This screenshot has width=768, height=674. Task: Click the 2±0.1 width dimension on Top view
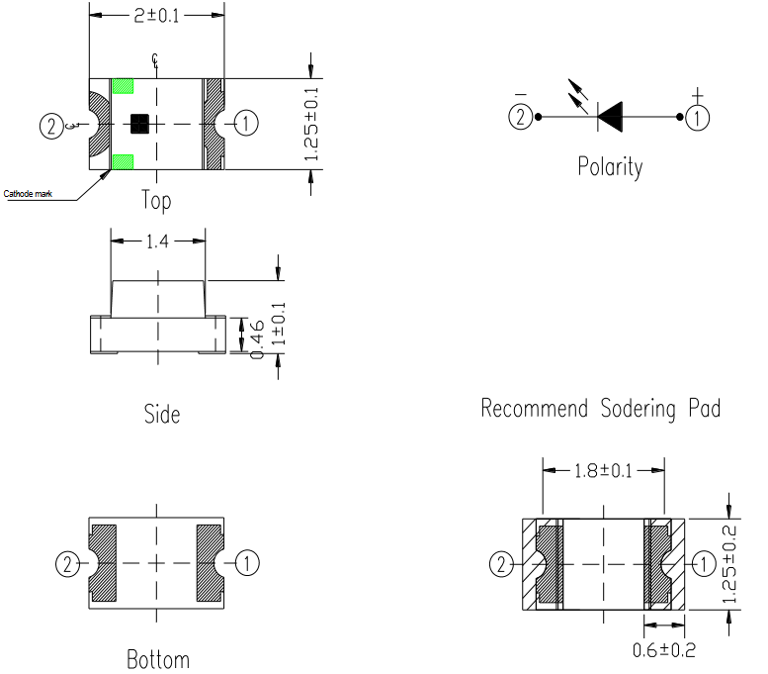coord(156,16)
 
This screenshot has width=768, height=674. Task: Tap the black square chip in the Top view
coord(139,124)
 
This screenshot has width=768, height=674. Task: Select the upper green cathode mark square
coord(123,87)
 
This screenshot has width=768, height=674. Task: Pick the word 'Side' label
coord(161,413)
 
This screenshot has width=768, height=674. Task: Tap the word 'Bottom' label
coord(158,658)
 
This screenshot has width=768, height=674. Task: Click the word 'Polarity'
coord(610,166)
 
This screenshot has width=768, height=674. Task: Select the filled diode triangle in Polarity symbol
coord(609,117)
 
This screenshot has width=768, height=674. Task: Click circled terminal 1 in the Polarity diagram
coord(699,117)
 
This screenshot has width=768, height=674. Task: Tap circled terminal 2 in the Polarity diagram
coord(520,117)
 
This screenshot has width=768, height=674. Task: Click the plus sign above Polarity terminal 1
coord(698,95)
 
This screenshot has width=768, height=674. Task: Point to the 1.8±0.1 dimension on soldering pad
coord(603,469)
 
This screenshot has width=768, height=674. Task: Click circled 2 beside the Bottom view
coord(66,564)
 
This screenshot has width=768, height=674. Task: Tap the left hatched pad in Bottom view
coord(103,563)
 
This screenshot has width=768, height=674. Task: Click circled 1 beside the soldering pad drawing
coord(703,564)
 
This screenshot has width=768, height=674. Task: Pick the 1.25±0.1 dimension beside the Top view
coord(311,124)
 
